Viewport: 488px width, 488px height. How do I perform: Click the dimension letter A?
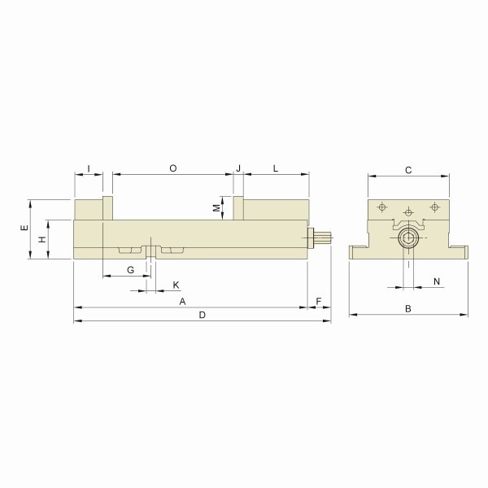point(182,301)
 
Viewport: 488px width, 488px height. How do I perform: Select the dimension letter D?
point(203,315)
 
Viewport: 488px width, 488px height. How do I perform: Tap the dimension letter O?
point(173,168)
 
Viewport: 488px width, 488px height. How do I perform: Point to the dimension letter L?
point(276,168)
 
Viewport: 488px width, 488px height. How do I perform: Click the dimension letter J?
point(238,168)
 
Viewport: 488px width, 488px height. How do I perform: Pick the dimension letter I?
point(89,168)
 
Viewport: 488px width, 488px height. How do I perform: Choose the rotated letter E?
point(24,228)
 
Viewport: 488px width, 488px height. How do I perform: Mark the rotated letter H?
point(42,239)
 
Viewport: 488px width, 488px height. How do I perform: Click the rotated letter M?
point(216,208)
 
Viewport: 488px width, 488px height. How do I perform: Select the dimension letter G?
point(131,270)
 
